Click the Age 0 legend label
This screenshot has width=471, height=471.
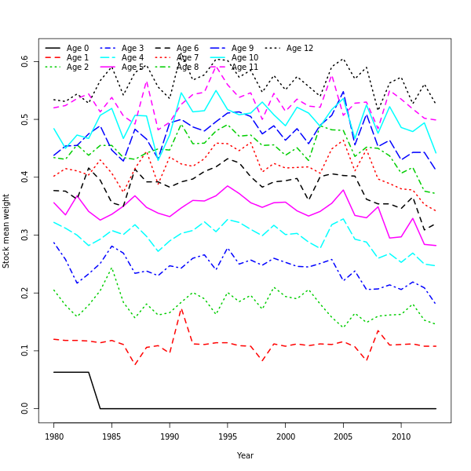pos(78,49)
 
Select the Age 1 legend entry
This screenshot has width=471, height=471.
pos(78,58)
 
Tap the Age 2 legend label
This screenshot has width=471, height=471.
pos(78,68)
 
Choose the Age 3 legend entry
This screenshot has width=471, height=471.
pos(133,49)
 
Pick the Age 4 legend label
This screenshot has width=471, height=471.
pos(133,58)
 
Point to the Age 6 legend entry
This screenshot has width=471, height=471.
pos(188,49)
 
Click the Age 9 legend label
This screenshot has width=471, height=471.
pos(243,49)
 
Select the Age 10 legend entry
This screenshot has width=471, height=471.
pos(245,58)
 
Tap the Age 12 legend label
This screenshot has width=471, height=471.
pos(300,49)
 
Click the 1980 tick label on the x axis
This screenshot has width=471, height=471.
pos(54,436)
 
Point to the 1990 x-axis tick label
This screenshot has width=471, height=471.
pos(170,436)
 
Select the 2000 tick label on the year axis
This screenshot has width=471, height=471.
pos(286,436)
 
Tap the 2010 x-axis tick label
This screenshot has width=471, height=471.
pos(401,436)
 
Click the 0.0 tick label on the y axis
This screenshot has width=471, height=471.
pos(25,408)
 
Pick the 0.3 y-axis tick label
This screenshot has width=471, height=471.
pos(25,235)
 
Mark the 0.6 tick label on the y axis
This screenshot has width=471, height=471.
pos(25,61)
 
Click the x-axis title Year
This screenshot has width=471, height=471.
pos(245,455)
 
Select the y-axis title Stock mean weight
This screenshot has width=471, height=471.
pos(6,231)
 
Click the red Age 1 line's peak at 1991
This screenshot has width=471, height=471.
pos(181,309)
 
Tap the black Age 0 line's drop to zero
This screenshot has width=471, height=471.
pos(100,408)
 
